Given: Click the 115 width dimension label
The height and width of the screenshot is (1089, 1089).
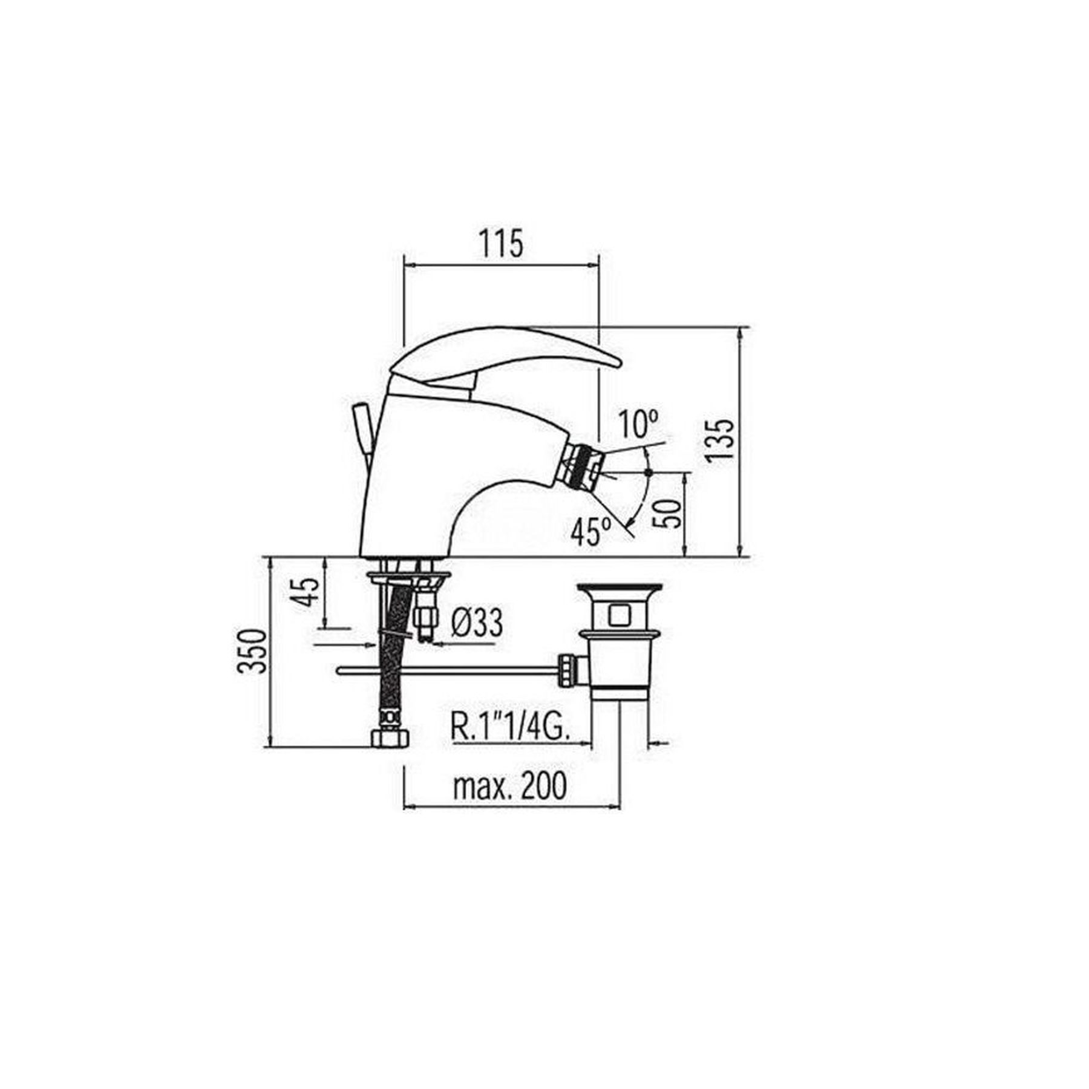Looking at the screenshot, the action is pyautogui.click(x=501, y=244).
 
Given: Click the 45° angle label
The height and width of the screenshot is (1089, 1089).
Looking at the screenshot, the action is pyautogui.click(x=590, y=532).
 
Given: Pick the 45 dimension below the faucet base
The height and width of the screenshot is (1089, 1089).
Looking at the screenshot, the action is pyautogui.click(x=308, y=593).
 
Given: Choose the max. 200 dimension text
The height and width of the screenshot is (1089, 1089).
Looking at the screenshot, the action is pyautogui.click(x=510, y=785).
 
